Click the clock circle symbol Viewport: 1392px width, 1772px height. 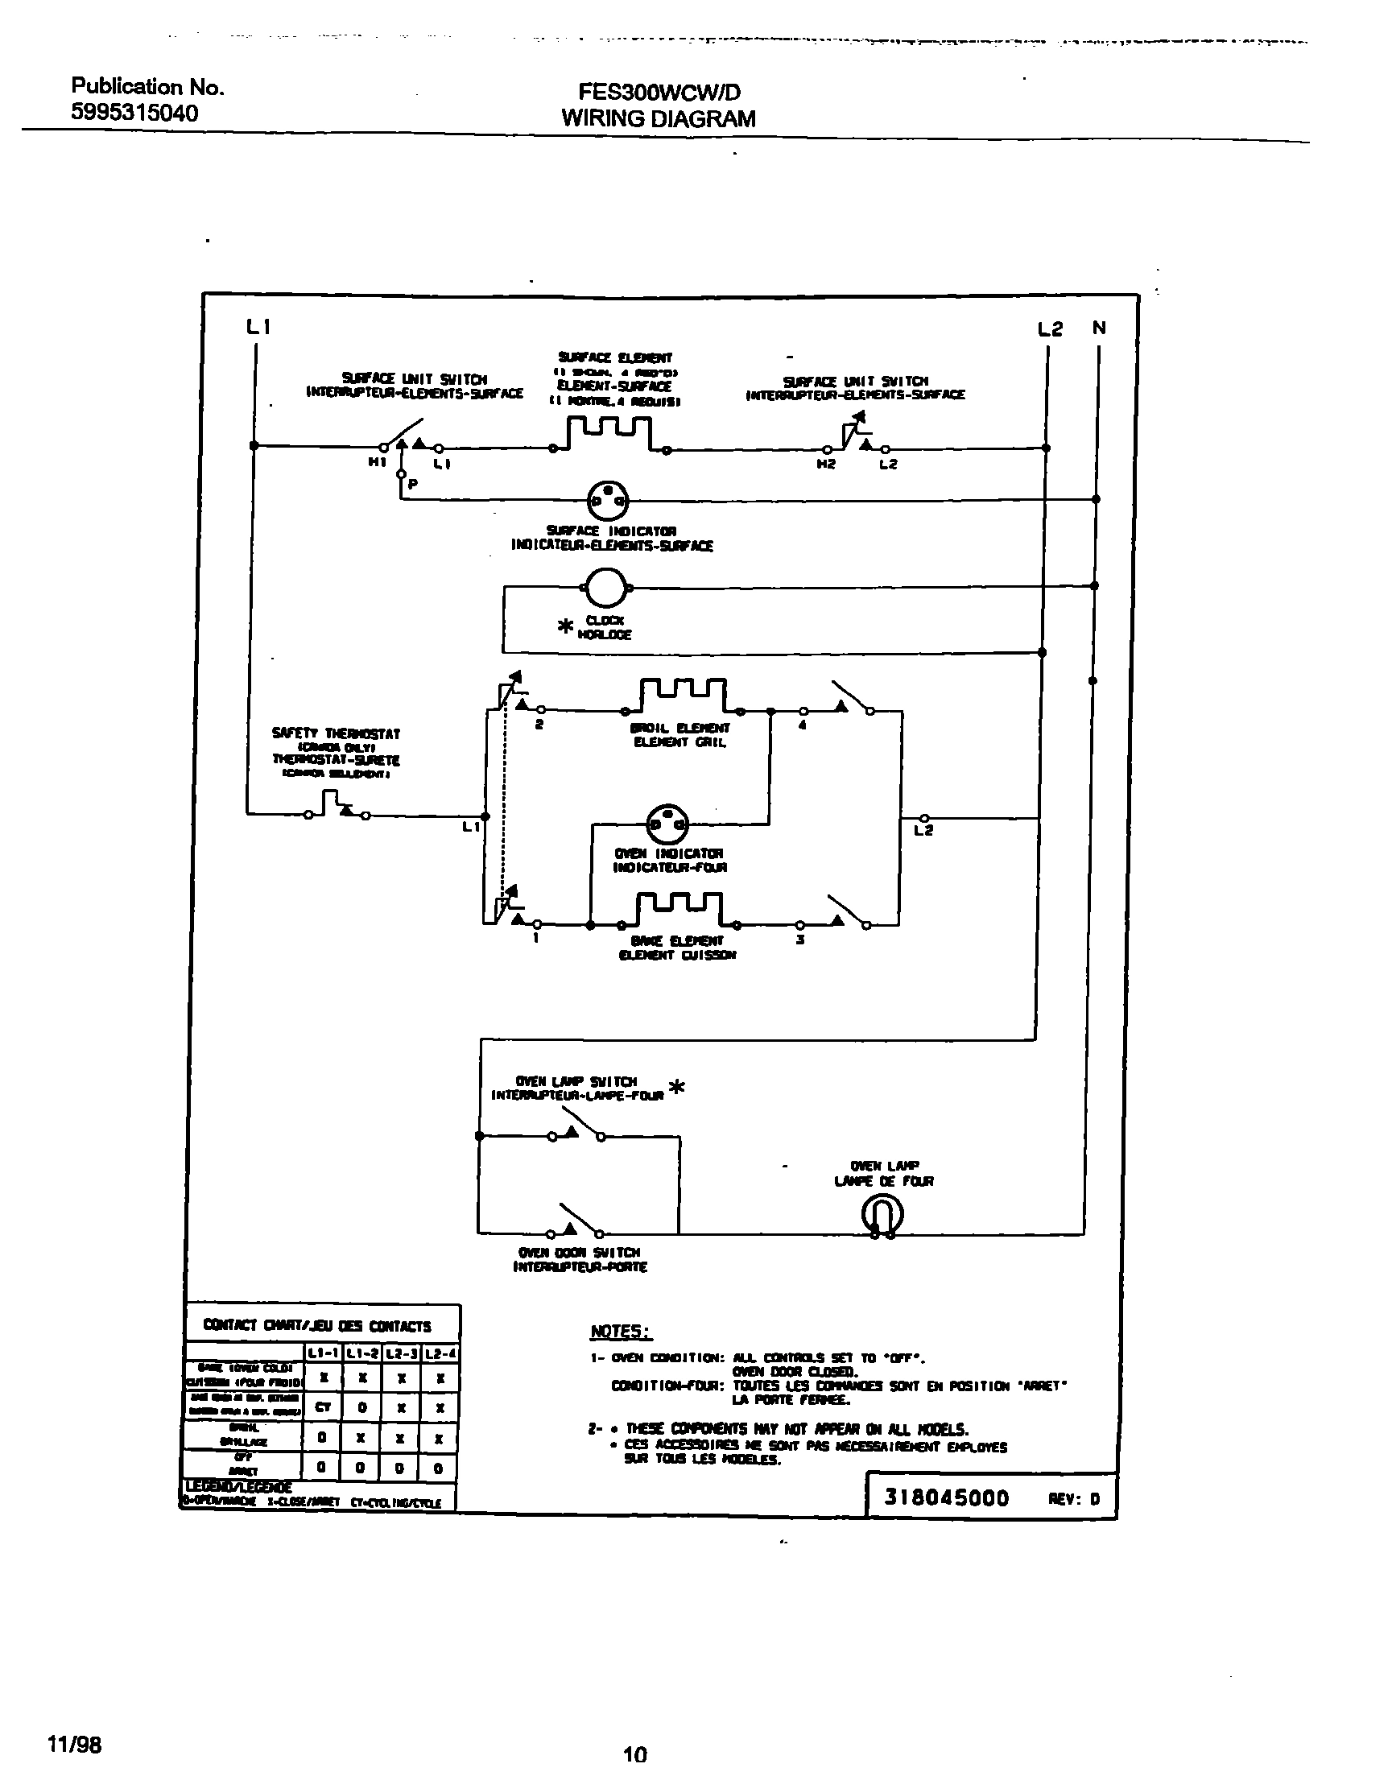(605, 587)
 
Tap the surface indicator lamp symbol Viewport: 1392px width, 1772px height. (608, 499)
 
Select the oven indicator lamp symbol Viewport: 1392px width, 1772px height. (667, 825)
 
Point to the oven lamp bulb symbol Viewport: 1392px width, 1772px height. (882, 1216)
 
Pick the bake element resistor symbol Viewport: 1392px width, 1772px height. (679, 910)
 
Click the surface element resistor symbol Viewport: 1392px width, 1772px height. (609, 434)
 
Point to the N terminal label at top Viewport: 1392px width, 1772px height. (1100, 328)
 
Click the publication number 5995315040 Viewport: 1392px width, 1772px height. (134, 113)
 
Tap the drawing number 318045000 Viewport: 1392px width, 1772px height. (947, 1497)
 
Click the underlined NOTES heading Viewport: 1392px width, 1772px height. (621, 1331)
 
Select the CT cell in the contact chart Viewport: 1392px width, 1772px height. (323, 1406)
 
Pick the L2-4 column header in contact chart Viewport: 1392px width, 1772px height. (440, 1354)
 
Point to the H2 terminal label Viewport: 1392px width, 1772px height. (826, 464)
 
